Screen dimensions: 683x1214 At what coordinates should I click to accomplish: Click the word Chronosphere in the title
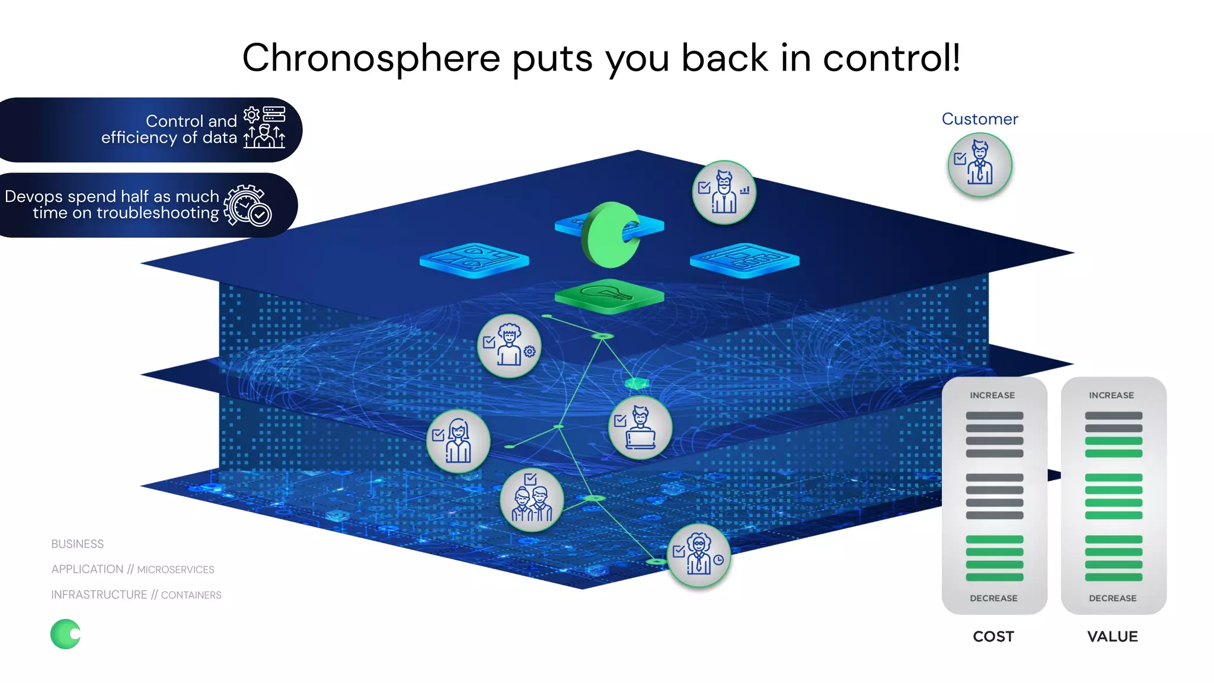click(x=371, y=58)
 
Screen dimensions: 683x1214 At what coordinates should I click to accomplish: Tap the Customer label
click(x=979, y=119)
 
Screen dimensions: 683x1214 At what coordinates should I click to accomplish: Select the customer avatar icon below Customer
click(x=980, y=165)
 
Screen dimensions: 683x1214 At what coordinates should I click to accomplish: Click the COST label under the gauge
click(x=993, y=636)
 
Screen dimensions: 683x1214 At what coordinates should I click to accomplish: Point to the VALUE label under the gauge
click(x=1112, y=636)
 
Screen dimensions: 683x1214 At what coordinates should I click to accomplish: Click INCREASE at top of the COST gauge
click(x=992, y=395)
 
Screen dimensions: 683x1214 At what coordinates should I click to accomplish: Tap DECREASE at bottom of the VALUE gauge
click(x=1113, y=598)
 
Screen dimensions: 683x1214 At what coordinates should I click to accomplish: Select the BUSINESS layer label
click(x=77, y=544)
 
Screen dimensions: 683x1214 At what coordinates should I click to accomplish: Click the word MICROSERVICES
click(x=175, y=570)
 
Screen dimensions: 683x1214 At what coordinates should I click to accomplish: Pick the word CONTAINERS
click(x=191, y=595)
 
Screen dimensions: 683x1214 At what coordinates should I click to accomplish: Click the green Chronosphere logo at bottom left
click(x=65, y=634)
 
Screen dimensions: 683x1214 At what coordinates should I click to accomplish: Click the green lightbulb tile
click(x=609, y=295)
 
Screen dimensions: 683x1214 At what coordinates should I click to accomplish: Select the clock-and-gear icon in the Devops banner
click(x=248, y=205)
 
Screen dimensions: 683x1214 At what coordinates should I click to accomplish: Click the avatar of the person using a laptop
click(x=640, y=427)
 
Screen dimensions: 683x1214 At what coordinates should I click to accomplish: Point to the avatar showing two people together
click(x=532, y=499)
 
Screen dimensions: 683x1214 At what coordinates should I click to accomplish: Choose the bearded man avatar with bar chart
click(x=724, y=192)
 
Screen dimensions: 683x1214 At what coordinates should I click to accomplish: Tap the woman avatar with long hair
click(x=458, y=441)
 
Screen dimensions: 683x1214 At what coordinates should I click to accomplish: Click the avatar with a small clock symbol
click(x=699, y=555)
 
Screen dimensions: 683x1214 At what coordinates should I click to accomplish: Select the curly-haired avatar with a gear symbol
click(x=509, y=346)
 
